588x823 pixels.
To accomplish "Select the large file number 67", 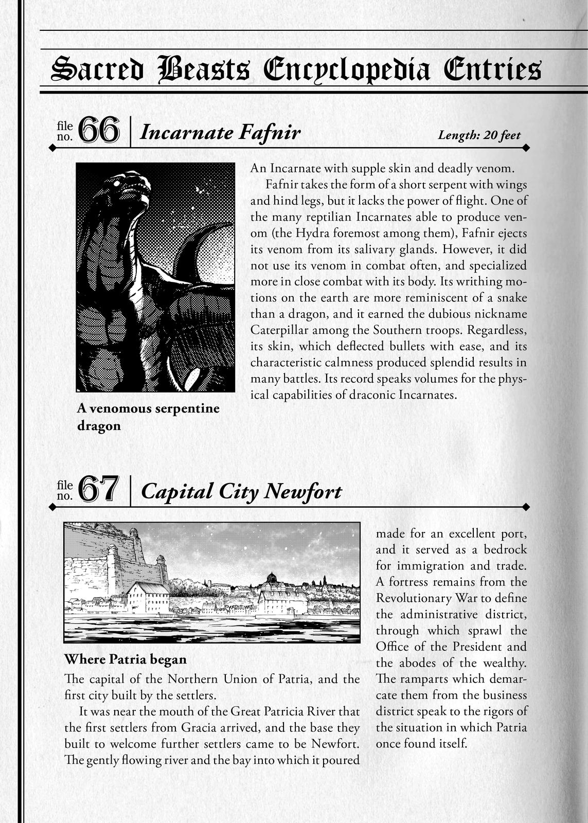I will coord(99,490).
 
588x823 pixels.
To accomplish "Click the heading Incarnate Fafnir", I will coord(220,133).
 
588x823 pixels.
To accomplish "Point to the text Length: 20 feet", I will coord(479,135).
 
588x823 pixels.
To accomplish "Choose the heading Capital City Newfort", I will coord(241,491).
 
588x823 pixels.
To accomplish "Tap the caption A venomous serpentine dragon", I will coord(148,417).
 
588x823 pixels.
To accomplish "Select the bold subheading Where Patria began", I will coord(125,659).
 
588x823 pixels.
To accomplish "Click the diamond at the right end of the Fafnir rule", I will coord(525,148).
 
